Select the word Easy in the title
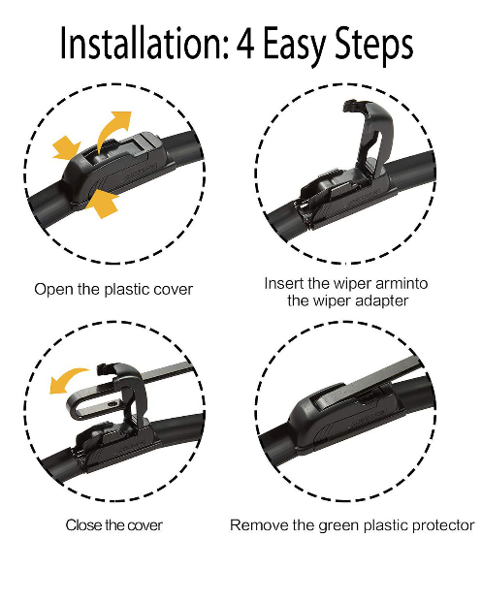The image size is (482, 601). click(297, 46)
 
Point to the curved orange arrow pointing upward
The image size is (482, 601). click(116, 127)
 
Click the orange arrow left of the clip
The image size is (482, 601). click(65, 148)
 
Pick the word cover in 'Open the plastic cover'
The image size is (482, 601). click(174, 289)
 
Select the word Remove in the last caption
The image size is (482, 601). click(255, 524)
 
